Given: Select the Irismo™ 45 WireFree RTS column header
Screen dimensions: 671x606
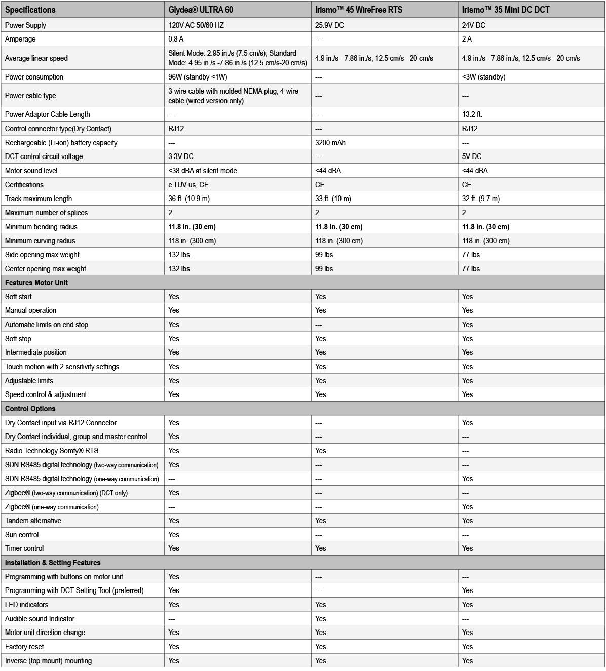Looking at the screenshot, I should (x=358, y=10).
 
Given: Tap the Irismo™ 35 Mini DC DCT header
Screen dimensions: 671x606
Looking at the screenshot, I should (x=506, y=10).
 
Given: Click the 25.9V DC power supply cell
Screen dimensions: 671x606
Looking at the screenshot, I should (x=329, y=25).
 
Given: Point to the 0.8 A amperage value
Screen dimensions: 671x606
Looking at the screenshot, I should (x=176, y=39).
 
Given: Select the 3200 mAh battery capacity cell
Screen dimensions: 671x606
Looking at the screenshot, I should (x=330, y=143).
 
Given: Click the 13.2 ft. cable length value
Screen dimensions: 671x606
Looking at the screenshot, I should (x=472, y=114).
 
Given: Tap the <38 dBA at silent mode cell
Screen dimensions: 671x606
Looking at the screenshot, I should (x=203, y=171).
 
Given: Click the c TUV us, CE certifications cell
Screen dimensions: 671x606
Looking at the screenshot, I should (x=188, y=185).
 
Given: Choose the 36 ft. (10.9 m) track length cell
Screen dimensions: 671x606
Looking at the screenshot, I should (x=189, y=199).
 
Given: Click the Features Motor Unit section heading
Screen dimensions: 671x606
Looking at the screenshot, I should (x=36, y=283).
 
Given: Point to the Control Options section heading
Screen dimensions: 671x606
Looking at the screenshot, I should (x=30, y=409).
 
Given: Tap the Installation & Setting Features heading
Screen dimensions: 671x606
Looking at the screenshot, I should (x=53, y=563).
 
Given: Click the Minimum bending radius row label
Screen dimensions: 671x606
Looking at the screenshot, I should (x=41, y=227).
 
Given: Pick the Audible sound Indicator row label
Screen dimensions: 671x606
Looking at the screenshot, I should (x=40, y=619).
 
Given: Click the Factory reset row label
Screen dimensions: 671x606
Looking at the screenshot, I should (x=24, y=647).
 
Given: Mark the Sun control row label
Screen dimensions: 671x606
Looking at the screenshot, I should (x=22, y=535).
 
